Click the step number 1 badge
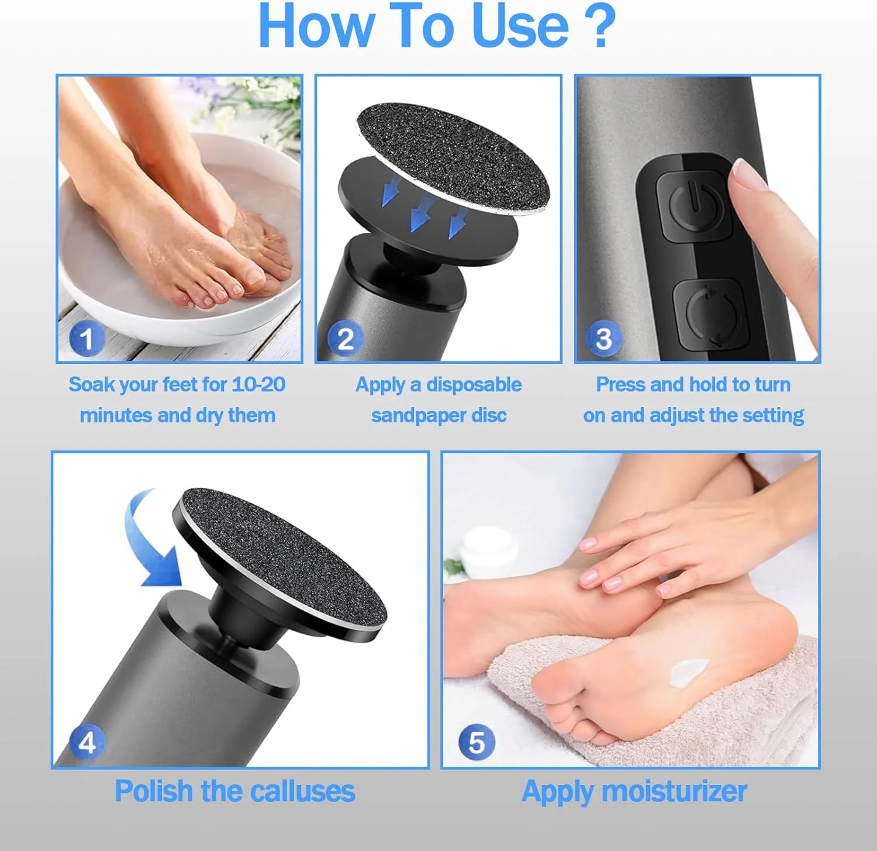click(87, 339)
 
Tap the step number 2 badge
click(345, 339)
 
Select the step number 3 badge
click(603, 338)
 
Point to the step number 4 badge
click(87, 743)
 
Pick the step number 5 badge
click(477, 742)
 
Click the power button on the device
click(694, 205)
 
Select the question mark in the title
click(600, 26)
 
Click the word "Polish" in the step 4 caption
click(154, 791)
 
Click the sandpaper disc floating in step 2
click(454, 159)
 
